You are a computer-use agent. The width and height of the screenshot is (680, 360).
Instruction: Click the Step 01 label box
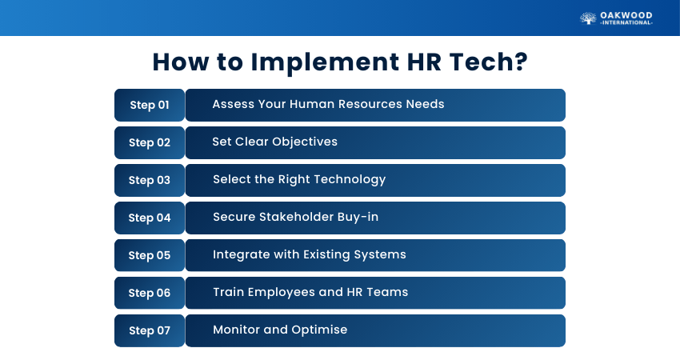click(150, 105)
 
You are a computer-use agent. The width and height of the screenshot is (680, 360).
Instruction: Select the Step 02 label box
click(150, 142)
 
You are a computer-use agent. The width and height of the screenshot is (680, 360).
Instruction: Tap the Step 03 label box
click(150, 180)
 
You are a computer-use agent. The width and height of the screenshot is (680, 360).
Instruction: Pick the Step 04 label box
click(150, 218)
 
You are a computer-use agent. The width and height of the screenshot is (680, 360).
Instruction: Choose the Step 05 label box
click(150, 255)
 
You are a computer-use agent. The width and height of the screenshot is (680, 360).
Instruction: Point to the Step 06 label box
click(150, 293)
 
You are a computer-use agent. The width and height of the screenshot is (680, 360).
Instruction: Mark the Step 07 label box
click(150, 330)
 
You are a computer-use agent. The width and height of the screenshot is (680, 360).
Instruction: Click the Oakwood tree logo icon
click(588, 18)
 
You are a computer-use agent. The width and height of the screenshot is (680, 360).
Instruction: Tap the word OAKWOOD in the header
click(626, 16)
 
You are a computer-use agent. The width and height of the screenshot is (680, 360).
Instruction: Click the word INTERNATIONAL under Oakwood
click(626, 22)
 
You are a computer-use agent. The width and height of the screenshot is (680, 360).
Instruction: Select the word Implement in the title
click(325, 62)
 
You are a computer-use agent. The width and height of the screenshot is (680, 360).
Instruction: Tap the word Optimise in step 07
click(319, 330)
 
